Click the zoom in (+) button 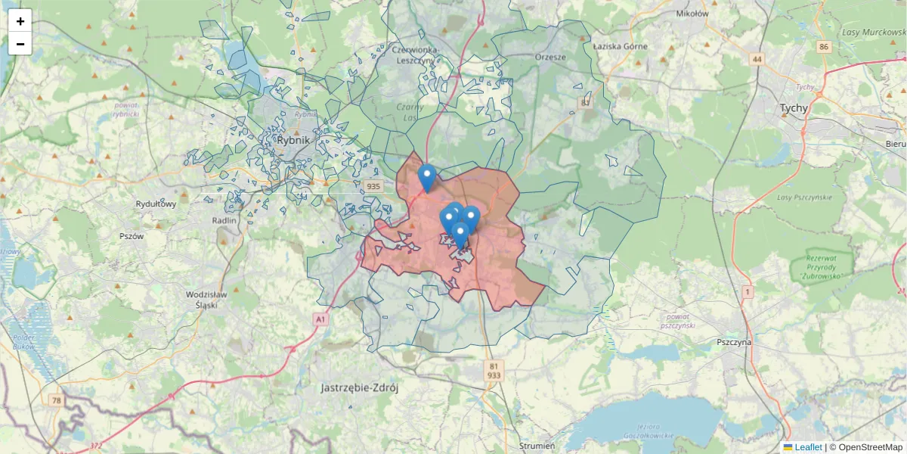pos(20,21)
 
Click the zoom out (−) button pos(20,44)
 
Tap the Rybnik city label pos(293,140)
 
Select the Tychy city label pos(794,108)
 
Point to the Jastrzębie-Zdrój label pos(359,388)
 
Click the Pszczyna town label pos(734,342)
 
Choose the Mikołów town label pos(692,13)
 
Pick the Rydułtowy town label pos(156,204)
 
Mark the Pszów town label pos(132,236)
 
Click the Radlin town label pos(225,219)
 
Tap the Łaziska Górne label pos(620,46)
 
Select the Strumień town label pos(537,446)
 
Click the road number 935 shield pos(373,186)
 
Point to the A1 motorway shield pos(321,320)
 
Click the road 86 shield pos(823,47)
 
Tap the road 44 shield pos(757,58)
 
